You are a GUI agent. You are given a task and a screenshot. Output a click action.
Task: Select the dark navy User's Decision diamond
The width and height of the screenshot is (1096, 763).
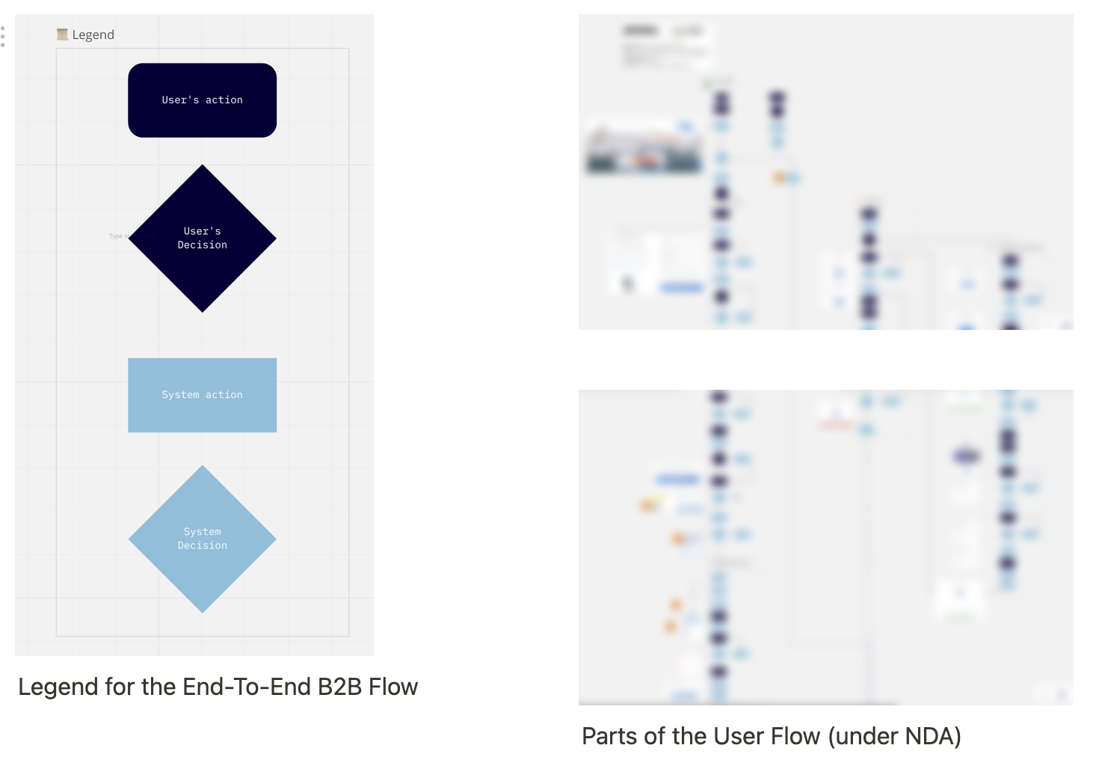coord(202,269)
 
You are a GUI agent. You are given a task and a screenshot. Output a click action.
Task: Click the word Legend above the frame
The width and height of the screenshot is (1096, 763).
coord(93,34)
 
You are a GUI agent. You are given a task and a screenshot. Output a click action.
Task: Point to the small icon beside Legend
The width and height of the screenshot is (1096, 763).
coord(62,34)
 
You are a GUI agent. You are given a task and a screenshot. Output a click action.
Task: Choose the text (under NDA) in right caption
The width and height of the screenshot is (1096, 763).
coord(894,736)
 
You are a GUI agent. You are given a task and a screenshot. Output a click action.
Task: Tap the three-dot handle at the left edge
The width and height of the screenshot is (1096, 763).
coord(3,37)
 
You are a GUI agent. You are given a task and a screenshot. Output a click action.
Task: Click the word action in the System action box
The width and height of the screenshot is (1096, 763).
coord(224,395)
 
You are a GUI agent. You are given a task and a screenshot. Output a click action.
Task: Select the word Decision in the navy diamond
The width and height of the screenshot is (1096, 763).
coord(202,245)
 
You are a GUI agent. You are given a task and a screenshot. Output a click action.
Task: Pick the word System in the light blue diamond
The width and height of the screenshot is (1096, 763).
coord(202,532)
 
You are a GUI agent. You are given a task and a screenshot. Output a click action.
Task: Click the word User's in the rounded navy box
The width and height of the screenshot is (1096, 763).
coord(180,100)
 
